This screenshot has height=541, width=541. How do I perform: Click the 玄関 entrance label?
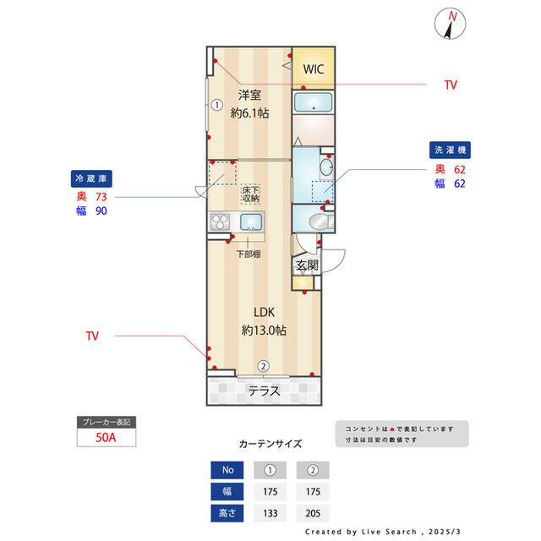(307, 265)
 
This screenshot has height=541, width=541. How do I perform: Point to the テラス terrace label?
(265, 391)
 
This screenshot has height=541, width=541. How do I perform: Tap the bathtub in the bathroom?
(314, 105)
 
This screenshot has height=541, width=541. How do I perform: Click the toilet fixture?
(317, 221)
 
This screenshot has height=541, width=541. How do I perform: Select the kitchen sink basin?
(251, 223)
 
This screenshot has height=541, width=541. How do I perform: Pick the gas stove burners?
(220, 222)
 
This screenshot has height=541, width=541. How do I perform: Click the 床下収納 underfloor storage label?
(251, 194)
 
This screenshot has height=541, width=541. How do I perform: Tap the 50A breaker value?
(107, 438)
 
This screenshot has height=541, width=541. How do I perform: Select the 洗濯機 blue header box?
(451, 149)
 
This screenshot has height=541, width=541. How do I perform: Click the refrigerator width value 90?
(102, 211)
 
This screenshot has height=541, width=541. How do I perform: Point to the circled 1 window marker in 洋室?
(216, 106)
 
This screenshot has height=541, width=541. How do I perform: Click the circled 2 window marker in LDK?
(264, 366)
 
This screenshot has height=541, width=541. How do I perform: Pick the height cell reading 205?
(312, 513)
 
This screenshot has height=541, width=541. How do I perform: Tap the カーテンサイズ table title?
(270, 443)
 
